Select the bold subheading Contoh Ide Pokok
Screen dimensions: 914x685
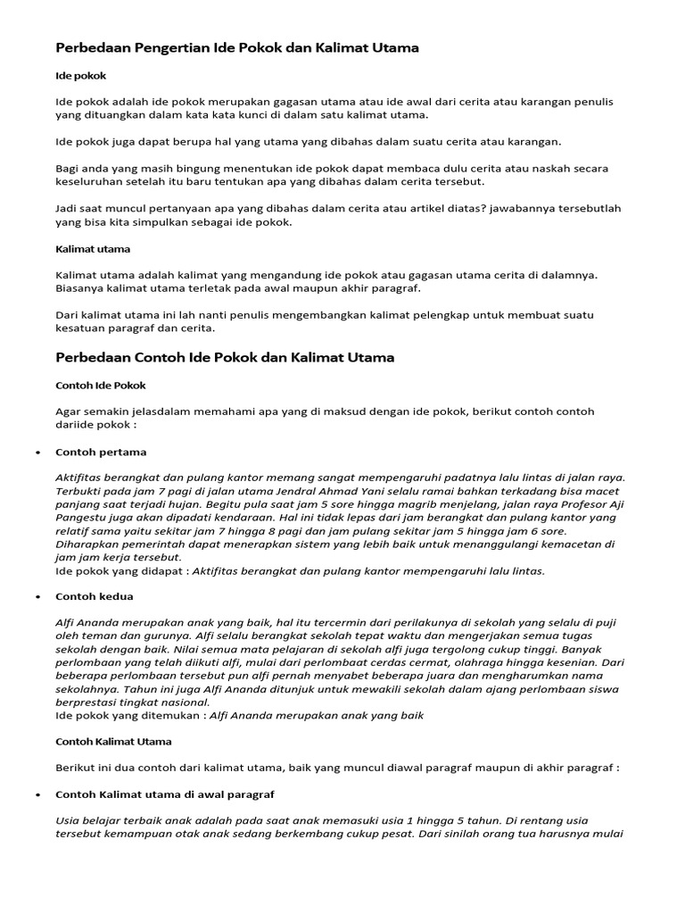tap(100, 385)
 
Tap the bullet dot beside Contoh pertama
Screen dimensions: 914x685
tap(37, 453)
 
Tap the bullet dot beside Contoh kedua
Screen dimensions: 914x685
tap(37, 596)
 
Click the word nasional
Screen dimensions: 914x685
tap(200, 703)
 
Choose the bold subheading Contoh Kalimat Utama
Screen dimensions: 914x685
tap(113, 742)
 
